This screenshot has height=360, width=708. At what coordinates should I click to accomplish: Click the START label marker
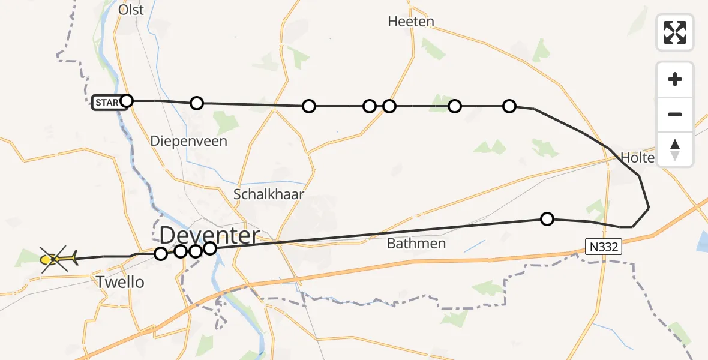tap(106, 103)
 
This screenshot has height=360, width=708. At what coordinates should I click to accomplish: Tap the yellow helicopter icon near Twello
tap(58, 259)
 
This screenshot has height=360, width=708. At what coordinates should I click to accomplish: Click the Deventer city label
tap(210, 235)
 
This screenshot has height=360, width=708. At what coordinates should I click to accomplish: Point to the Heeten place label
tap(411, 22)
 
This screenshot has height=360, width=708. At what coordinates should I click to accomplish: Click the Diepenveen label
tap(189, 141)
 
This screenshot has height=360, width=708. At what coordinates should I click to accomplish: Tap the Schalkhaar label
tap(269, 194)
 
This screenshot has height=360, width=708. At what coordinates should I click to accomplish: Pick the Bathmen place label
tap(416, 244)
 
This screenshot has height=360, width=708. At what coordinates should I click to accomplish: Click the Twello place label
tap(120, 282)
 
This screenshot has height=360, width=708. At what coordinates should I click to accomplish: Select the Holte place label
tap(637, 158)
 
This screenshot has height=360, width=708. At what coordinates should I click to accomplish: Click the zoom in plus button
tap(675, 79)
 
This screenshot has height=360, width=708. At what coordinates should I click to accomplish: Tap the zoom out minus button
tap(675, 114)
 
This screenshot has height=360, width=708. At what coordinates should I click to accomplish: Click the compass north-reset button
tap(675, 149)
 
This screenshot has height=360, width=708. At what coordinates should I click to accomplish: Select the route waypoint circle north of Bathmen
tap(547, 219)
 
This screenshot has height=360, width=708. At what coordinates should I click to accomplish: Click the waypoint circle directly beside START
tap(127, 100)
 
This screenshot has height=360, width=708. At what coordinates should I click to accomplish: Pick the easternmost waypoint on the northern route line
tap(509, 106)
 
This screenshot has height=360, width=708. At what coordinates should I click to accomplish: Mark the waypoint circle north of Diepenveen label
tap(197, 103)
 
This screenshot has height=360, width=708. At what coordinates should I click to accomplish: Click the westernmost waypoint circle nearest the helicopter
tap(161, 254)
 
